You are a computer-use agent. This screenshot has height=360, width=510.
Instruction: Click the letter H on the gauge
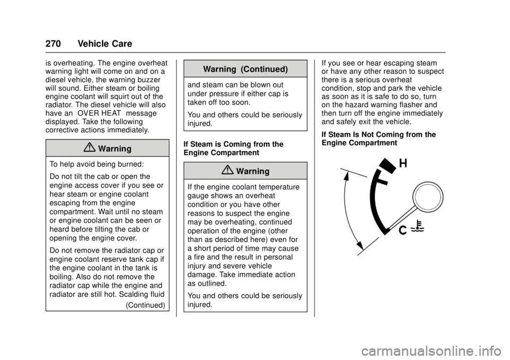tap(403, 164)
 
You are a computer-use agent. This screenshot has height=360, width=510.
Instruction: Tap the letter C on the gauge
tap(403, 230)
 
